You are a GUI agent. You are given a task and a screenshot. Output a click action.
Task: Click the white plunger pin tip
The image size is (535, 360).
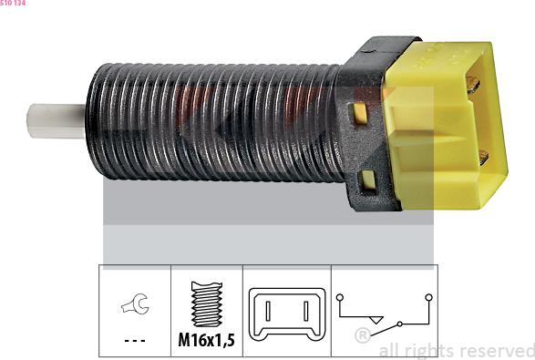point(56,121)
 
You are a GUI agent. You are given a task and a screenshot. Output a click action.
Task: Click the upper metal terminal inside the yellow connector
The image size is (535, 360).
point(473,84)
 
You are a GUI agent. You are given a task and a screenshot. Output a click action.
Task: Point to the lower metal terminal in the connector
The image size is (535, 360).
point(483,157)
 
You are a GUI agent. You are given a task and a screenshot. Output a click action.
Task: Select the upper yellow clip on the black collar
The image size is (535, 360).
point(360,113)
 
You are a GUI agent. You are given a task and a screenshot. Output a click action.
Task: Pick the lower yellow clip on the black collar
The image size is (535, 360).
point(368,180)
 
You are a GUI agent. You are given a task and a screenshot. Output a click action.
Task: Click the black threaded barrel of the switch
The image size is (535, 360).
point(215,122)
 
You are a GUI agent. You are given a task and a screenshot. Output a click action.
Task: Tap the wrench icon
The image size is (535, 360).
point(135,303)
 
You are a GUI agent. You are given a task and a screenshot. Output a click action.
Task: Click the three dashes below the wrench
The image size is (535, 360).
point(135,341)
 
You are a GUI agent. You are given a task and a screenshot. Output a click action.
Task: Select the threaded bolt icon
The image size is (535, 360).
point(207,303)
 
